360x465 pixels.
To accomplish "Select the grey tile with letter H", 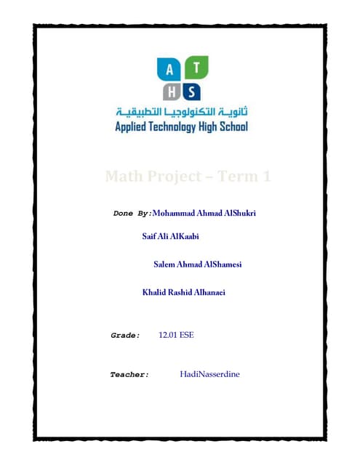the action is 170,92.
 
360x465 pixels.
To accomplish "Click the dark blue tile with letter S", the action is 191,92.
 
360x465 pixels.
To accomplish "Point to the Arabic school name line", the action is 181,113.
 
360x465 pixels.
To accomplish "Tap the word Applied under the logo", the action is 133,127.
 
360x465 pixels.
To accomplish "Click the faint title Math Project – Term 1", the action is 188,176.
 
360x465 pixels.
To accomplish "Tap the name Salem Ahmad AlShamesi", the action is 198,264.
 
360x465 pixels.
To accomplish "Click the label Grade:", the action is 124,336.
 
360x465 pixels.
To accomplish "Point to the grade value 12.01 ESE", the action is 175,336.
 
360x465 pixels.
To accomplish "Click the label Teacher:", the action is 129,375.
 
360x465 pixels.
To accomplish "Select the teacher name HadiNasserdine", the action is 209,374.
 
